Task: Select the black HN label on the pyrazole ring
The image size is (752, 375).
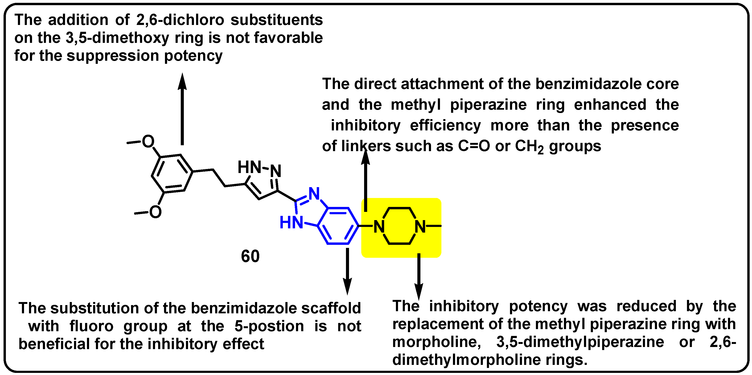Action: point(249,167)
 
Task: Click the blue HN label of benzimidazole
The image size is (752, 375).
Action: point(291,222)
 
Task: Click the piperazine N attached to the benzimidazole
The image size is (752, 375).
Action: point(379,226)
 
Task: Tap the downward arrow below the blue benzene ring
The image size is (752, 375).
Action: point(347,271)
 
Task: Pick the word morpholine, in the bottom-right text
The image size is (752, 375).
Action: point(436,342)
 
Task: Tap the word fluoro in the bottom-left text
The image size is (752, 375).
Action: point(91,326)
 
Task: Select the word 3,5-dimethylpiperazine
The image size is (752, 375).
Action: point(580,342)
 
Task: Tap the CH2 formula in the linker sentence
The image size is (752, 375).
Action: point(529,146)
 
